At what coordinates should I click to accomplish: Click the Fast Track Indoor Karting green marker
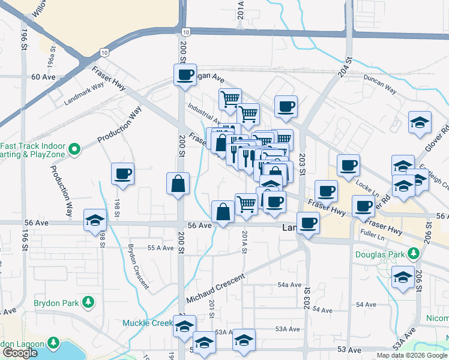(x=74, y=148)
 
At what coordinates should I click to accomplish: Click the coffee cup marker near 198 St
(x=123, y=174)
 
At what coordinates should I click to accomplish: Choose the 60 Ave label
(x=43, y=77)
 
